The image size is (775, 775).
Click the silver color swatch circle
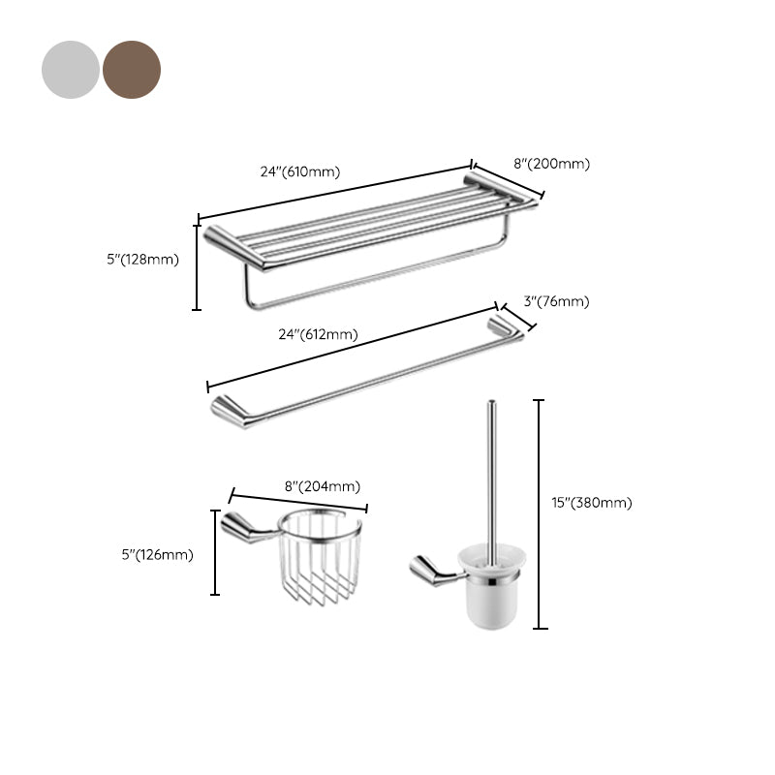[71, 70]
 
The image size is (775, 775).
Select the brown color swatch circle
[132, 70]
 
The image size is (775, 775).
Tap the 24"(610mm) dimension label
[299, 171]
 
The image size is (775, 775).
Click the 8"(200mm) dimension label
[550, 164]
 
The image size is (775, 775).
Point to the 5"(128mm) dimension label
[143, 259]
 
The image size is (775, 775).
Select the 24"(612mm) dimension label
[318, 334]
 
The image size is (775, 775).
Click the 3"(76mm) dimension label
[556, 301]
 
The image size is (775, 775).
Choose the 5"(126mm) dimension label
[157, 555]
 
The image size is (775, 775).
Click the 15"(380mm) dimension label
[591, 502]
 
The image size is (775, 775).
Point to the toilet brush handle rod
[490, 475]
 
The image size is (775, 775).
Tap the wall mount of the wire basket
[242, 527]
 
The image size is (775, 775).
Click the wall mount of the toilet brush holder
[430, 571]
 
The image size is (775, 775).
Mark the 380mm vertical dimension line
[540, 513]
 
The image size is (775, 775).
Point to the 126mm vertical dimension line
[215, 552]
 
